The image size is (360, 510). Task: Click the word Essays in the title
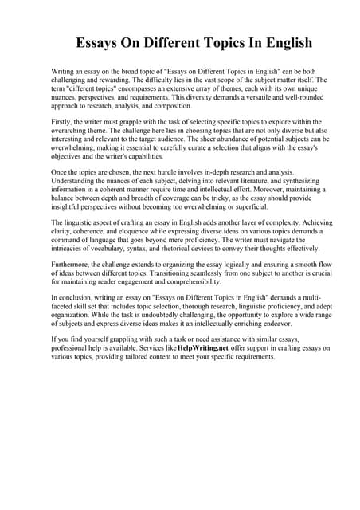[x=100, y=42]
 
